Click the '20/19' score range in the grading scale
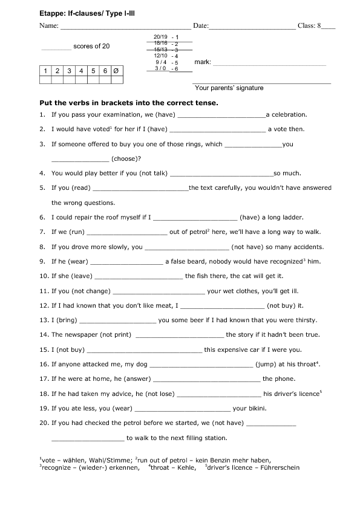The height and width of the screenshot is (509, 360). click(x=160, y=37)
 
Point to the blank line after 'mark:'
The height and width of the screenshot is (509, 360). click(x=270, y=63)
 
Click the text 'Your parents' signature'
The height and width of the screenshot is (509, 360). click(x=229, y=88)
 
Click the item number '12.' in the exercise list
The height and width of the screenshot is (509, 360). click(x=44, y=305)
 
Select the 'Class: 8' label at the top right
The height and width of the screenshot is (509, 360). click(x=311, y=27)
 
